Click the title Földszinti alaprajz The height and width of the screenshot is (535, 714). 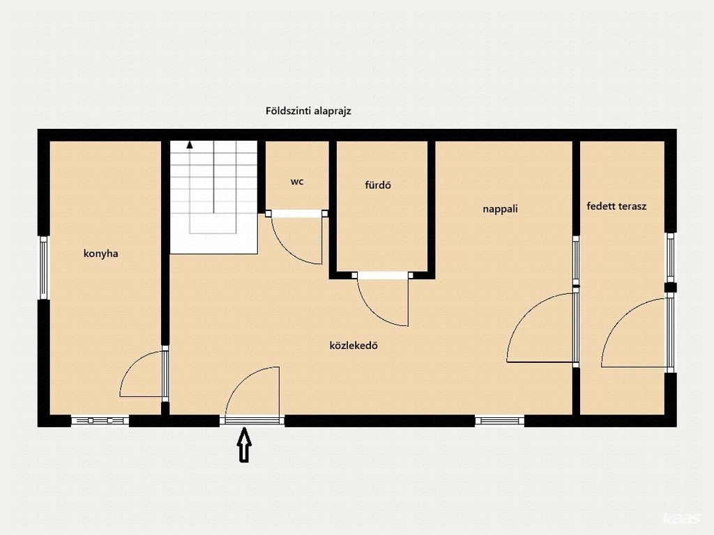[308, 111]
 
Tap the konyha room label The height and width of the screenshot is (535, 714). [100, 254]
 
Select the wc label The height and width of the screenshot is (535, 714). [297, 182]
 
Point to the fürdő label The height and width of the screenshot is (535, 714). [377, 185]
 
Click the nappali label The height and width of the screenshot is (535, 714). [500, 209]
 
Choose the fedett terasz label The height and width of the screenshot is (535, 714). [616, 206]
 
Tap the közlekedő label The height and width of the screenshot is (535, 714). [354, 346]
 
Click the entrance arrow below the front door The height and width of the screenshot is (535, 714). [245, 444]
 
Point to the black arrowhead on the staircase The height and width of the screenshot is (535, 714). [190, 145]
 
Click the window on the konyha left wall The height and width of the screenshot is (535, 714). [44, 268]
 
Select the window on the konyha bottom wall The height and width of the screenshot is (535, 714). [100, 421]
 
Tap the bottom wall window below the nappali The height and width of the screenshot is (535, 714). [499, 421]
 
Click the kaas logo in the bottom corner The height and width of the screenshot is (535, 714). [681, 518]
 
